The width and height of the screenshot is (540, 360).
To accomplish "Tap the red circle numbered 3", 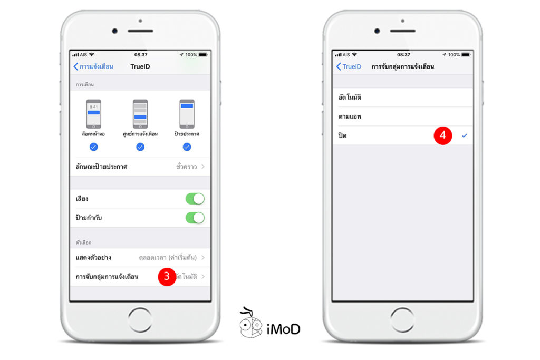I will click(167, 277).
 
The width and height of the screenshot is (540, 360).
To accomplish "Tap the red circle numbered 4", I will click(443, 135).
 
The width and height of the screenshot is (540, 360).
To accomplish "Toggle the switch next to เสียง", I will click(195, 199).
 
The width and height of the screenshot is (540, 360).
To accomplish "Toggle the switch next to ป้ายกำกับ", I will click(195, 218).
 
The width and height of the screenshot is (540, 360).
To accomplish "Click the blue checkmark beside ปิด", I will click(465, 135).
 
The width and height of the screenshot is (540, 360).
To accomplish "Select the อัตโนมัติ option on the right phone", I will click(350, 98).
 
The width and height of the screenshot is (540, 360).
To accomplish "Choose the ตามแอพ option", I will click(350, 116).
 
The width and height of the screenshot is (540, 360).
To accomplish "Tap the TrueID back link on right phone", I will click(349, 66).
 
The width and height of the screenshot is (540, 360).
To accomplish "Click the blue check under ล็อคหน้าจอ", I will click(93, 147).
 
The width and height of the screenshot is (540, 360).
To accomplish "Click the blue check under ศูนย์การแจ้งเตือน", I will click(140, 147).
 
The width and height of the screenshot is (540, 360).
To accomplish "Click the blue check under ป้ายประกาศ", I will click(187, 147).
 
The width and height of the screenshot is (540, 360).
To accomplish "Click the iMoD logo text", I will click(283, 329).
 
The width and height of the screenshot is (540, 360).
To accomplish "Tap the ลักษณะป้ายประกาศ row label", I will click(102, 167).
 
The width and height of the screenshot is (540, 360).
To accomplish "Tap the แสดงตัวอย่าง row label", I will click(93, 258).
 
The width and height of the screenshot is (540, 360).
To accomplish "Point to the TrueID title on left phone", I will click(140, 66).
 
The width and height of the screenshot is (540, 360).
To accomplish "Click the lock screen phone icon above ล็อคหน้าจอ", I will click(93, 113).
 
